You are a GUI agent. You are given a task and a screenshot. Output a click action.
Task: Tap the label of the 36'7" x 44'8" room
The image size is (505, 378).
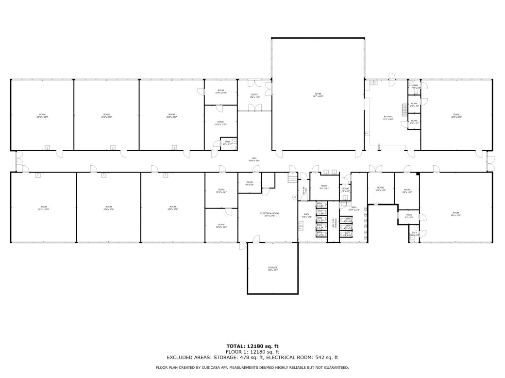point(318,95)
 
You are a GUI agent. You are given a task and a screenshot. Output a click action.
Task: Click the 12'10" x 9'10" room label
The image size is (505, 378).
point(221,92)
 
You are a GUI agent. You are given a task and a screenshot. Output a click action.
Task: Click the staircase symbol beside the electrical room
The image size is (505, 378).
point(291,179)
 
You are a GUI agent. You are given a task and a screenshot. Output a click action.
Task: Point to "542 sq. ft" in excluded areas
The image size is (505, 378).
point(326,358)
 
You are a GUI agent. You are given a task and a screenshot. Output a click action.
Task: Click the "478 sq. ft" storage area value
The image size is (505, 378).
point(251,358)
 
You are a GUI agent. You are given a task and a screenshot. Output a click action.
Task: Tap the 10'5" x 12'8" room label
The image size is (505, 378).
point(380,189)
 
